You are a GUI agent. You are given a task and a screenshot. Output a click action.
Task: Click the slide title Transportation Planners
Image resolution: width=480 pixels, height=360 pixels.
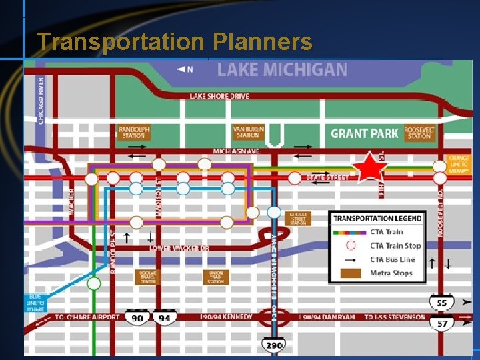174,42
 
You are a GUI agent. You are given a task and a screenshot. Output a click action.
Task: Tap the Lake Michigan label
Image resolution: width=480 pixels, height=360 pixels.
282,69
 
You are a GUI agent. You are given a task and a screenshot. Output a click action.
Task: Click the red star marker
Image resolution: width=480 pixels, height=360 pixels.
369,167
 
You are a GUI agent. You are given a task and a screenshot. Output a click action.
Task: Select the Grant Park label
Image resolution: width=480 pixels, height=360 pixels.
364,133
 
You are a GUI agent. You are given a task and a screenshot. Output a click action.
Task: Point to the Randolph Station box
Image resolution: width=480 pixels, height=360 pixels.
134,132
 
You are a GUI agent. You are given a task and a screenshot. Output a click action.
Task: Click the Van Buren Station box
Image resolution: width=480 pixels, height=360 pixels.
247,132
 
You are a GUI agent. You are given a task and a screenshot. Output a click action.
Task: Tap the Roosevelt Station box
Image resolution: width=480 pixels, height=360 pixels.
419,132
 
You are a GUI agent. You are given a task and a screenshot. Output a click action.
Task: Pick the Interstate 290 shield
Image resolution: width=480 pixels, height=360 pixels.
274,344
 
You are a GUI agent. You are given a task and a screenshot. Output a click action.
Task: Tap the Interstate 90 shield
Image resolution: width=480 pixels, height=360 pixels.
137,319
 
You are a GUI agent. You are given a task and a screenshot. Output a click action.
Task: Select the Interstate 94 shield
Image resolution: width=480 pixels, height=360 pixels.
165,319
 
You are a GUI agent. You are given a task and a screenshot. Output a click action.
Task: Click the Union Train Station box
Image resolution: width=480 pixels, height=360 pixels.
215,277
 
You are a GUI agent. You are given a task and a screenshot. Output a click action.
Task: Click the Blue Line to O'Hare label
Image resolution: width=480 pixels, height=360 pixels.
37,303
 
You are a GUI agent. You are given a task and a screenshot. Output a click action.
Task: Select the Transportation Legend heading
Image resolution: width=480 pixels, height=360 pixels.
377,218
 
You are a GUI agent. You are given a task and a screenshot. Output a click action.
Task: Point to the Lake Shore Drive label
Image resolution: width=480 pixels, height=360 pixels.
219,96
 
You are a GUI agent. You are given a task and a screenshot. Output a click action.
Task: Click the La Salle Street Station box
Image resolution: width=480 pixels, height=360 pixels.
299,219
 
